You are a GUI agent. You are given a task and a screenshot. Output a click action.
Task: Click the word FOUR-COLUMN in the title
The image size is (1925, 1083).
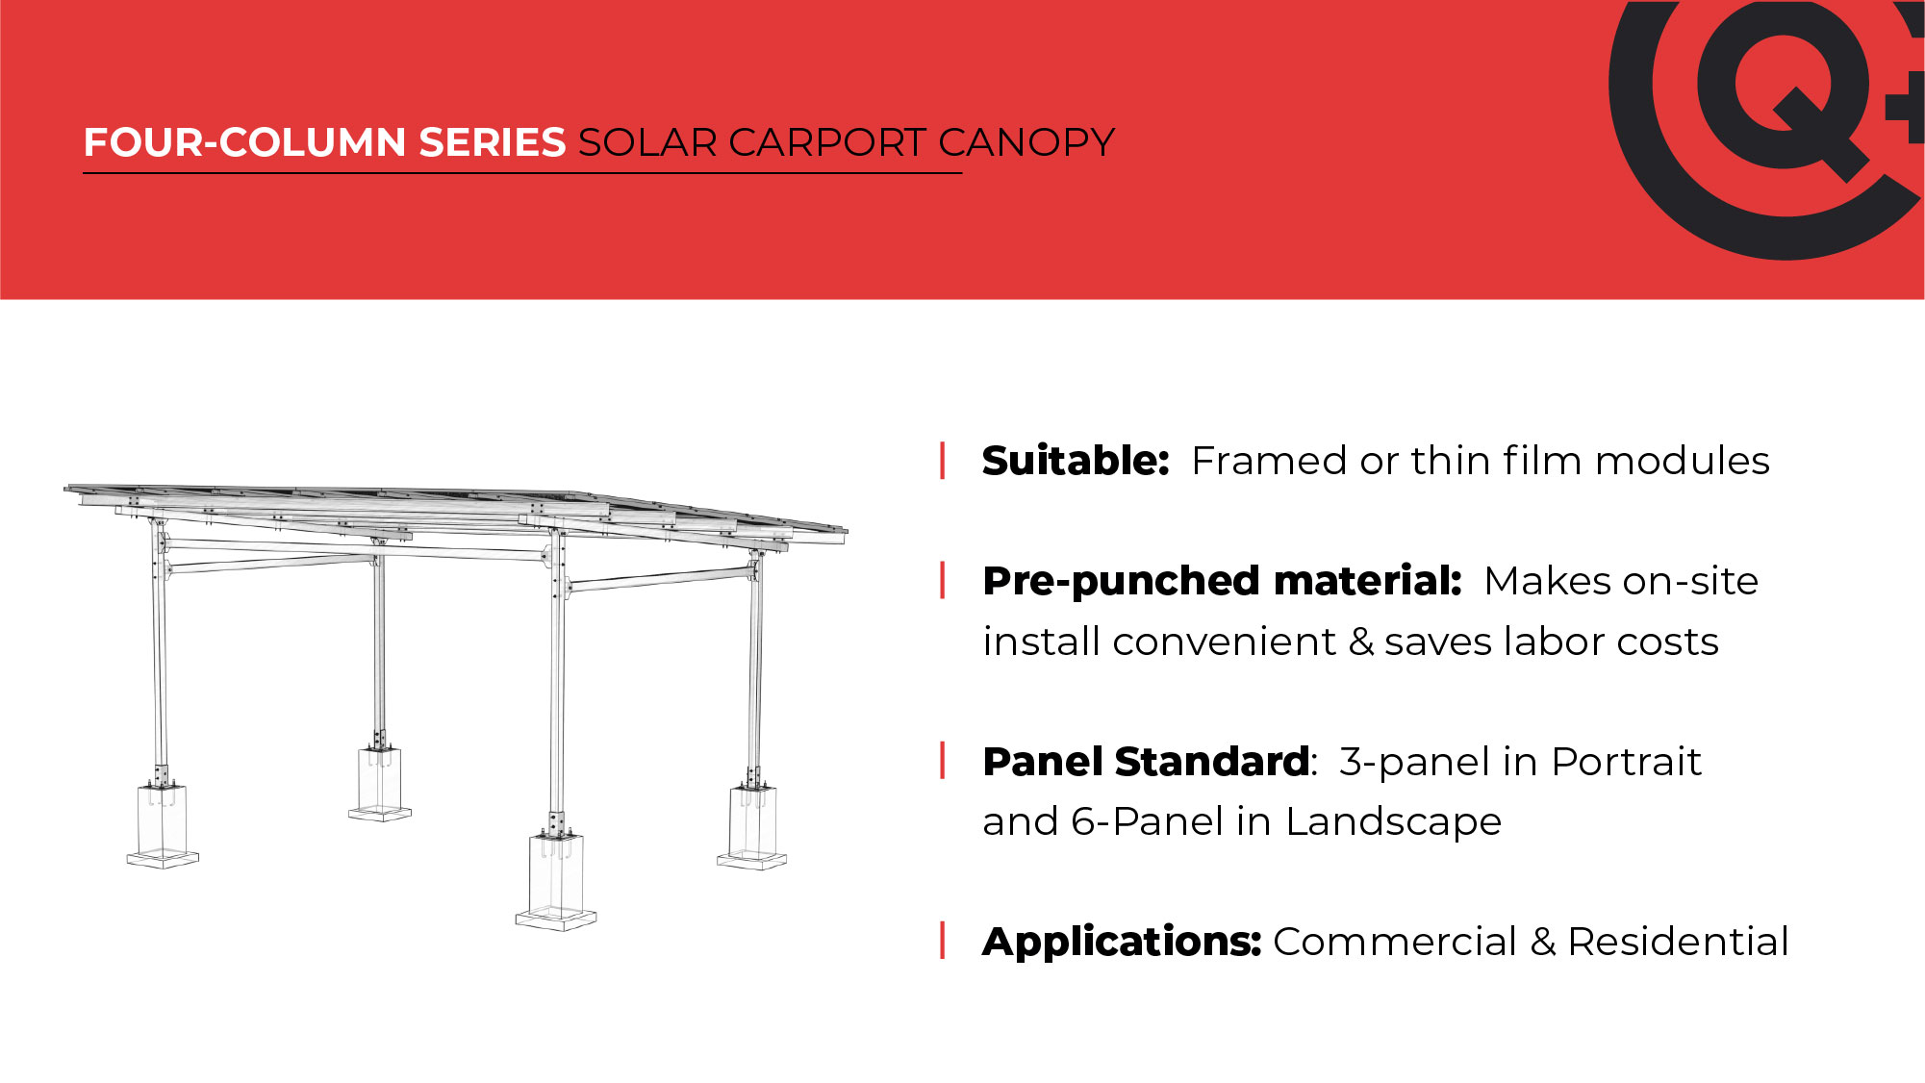click(244, 142)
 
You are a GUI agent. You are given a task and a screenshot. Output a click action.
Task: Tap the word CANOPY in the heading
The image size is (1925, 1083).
click(1026, 142)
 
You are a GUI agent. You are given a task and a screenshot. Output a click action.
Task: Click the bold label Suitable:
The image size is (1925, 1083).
click(1076, 461)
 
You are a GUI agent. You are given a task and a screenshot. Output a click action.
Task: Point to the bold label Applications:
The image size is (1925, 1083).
click(1122, 942)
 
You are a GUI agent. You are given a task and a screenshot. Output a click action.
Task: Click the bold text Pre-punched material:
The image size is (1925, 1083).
click(1223, 582)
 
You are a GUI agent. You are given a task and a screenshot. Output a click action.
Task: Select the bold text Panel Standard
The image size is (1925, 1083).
click(1146, 762)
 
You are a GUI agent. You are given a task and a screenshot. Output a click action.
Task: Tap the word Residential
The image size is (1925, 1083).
click(1678, 942)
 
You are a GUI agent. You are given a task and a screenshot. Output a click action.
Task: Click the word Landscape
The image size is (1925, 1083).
click(1393, 822)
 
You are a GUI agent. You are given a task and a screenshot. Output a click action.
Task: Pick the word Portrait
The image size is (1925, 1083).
click(1627, 762)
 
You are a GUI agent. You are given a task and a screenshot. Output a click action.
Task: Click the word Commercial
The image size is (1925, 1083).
click(1395, 942)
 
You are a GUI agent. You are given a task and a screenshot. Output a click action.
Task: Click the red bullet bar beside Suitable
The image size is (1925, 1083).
click(943, 461)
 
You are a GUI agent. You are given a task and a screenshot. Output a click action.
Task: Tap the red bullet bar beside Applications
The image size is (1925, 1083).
click(943, 941)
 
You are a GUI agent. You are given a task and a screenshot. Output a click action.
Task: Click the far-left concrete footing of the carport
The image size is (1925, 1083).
click(163, 825)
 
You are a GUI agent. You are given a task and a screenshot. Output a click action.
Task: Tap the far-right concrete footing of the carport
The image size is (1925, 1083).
click(752, 828)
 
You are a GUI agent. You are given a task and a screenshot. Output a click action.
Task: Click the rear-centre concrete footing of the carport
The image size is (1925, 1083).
click(380, 784)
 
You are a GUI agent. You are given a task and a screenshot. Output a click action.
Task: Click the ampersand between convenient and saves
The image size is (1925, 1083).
click(1360, 642)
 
